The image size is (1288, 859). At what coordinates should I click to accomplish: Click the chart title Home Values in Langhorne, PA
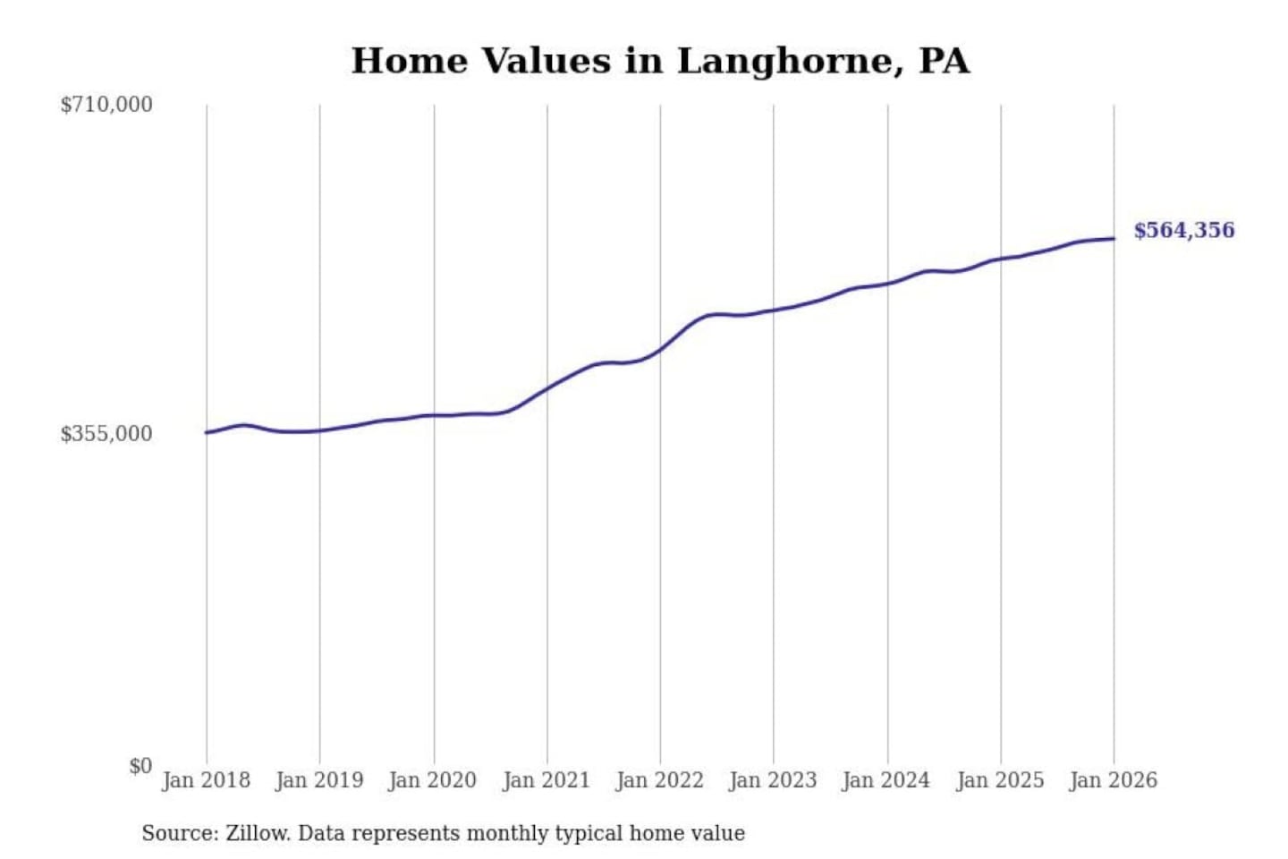660,61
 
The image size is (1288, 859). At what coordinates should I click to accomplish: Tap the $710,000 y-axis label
106,105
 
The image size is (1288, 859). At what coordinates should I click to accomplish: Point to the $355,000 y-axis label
106,434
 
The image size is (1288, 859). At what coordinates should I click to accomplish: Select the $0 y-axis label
140,766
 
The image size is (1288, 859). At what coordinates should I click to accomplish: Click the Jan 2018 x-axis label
206,780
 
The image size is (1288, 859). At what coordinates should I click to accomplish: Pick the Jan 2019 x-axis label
319,780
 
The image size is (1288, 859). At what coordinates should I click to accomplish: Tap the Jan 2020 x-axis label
432,780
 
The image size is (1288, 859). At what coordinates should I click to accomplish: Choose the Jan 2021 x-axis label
547,780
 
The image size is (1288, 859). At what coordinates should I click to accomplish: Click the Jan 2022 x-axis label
660,780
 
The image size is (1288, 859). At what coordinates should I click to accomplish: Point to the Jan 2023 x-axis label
773,780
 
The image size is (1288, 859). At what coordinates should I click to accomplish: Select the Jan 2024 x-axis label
886,780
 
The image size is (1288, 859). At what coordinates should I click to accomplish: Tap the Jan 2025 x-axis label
1000,780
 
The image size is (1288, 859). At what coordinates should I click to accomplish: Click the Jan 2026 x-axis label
1114,780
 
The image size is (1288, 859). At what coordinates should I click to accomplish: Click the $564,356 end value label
1184,231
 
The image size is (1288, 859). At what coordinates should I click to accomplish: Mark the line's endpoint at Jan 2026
1114,238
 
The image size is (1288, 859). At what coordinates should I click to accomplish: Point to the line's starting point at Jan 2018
207,433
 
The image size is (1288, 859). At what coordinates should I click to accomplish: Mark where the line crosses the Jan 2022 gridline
661,349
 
